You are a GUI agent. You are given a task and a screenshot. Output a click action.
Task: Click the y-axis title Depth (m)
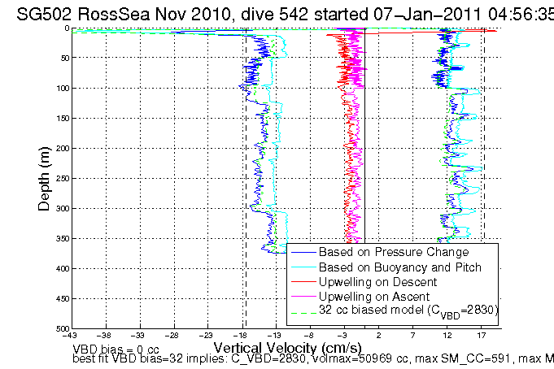pyautogui.click(x=46, y=177)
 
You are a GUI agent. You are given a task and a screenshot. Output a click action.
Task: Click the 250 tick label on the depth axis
pyautogui.click(x=63, y=178)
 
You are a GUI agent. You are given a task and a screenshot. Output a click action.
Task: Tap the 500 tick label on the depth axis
pyautogui.click(x=63, y=328)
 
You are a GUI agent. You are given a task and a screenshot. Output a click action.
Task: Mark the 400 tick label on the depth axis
pyautogui.click(x=63, y=268)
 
